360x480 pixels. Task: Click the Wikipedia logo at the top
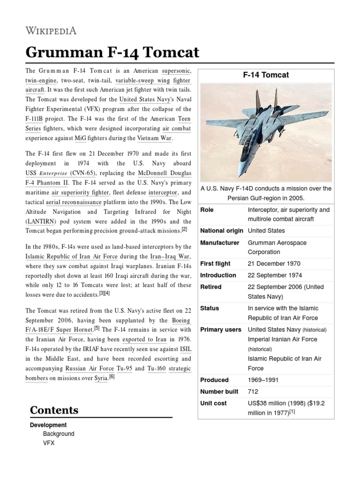51,31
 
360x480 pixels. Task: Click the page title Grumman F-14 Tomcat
112,53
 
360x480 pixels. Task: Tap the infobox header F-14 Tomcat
265,75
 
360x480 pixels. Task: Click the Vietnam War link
155,138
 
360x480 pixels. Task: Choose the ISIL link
185,349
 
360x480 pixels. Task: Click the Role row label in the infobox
207,210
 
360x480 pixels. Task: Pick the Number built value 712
253,391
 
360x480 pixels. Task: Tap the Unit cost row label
214,403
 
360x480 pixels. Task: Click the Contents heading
54,410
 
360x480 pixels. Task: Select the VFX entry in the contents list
49,442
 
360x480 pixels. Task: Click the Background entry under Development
59,434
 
